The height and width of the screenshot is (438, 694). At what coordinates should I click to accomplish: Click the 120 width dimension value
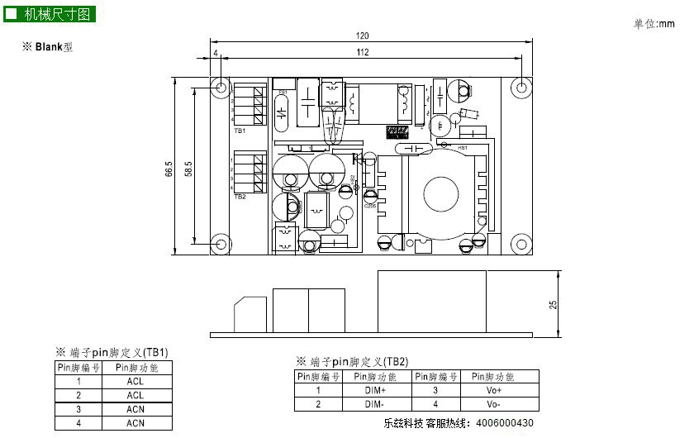[x=362, y=36]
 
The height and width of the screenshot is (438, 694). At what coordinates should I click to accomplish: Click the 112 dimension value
[x=362, y=53]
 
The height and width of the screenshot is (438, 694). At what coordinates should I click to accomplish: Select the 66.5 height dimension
[x=169, y=169]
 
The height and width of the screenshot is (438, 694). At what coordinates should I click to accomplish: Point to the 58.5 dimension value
[x=188, y=169]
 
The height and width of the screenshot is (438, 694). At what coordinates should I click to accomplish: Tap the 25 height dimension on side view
[x=554, y=303]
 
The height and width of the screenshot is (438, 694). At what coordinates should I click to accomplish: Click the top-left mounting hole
[x=221, y=88]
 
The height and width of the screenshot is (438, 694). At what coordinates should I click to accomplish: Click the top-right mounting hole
[x=521, y=88]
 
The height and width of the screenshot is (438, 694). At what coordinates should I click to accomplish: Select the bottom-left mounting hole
[x=221, y=244]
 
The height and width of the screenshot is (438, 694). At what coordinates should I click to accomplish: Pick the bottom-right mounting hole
[x=521, y=244]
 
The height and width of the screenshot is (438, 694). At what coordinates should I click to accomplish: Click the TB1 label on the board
[x=240, y=131]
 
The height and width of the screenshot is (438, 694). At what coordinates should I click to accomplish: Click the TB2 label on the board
[x=240, y=197]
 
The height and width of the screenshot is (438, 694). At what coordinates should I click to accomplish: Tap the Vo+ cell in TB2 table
[x=493, y=390]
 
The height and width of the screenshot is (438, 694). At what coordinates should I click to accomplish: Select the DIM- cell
[x=375, y=404]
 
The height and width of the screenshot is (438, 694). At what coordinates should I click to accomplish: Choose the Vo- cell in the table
[x=493, y=404]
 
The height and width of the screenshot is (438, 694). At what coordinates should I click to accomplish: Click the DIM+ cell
[x=375, y=390]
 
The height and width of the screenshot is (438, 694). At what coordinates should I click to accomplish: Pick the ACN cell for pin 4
[x=135, y=423]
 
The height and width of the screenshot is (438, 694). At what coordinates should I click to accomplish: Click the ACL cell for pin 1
[x=135, y=382]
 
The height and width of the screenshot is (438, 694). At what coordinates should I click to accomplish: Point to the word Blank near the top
[x=49, y=48]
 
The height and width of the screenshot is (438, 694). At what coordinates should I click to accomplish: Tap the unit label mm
[x=667, y=24]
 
